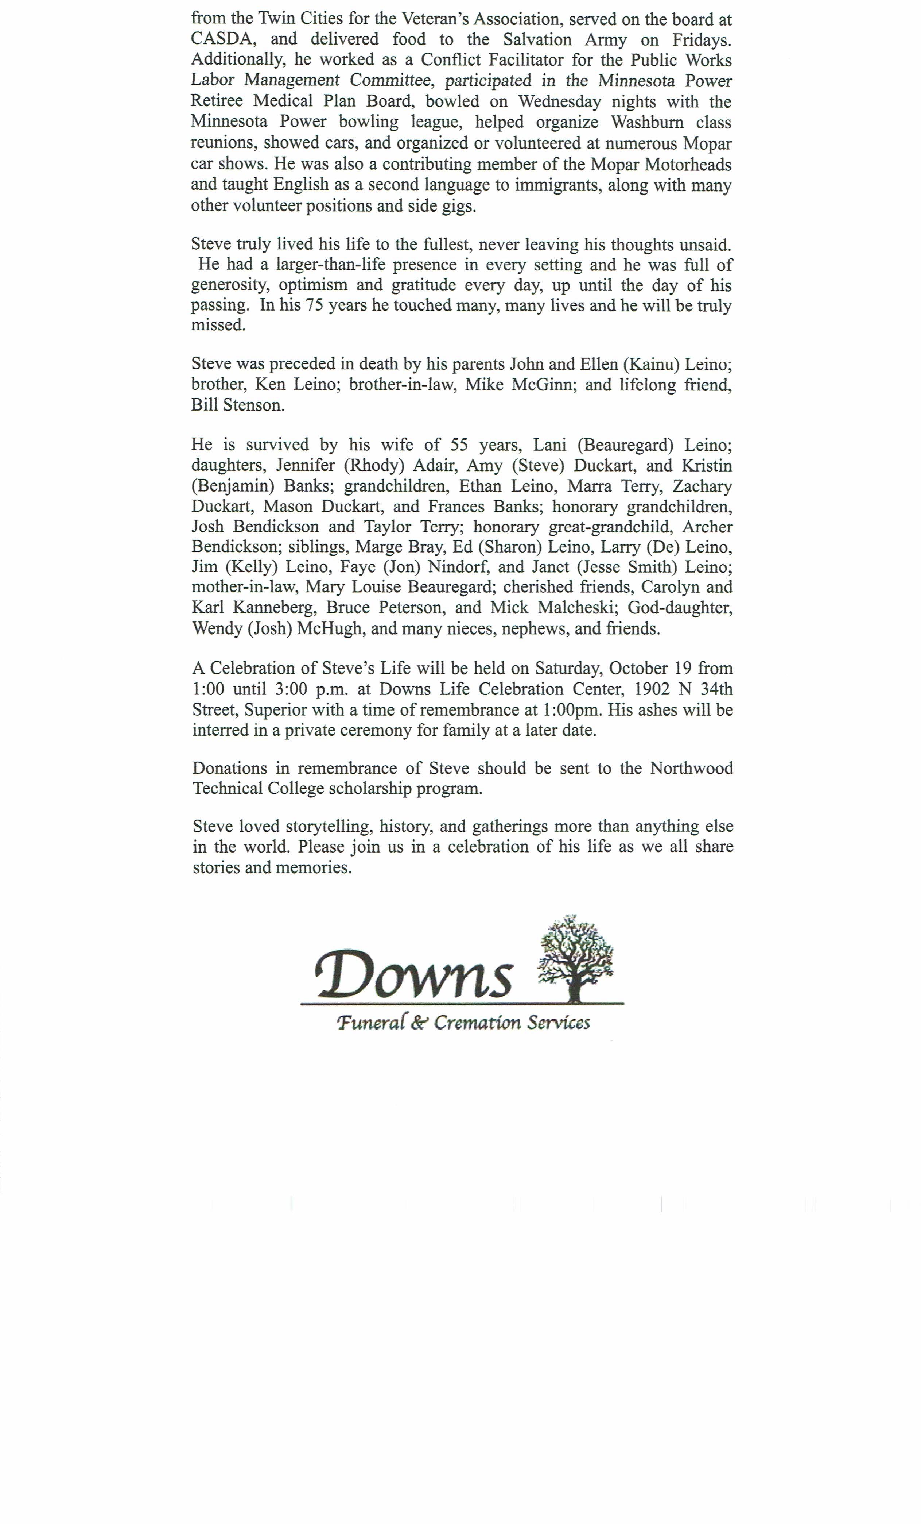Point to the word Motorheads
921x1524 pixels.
[x=687, y=165]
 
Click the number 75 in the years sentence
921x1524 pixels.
[x=314, y=305]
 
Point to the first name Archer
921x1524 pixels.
[x=707, y=527]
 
